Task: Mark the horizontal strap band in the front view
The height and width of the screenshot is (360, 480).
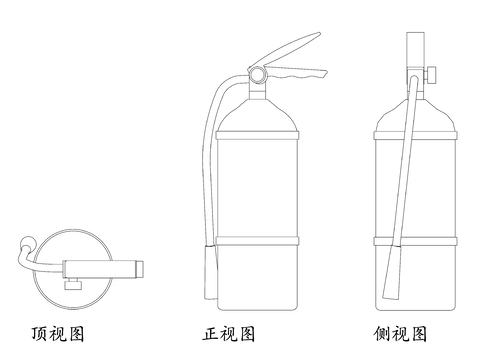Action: pyautogui.click(x=257, y=240)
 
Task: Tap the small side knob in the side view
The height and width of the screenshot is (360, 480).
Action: pyautogui.click(x=439, y=74)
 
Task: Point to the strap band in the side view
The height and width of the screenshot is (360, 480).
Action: pyautogui.click(x=415, y=240)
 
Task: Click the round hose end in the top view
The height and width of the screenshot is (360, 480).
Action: pyautogui.click(x=26, y=242)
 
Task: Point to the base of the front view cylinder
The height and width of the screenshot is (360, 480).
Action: pyautogui.click(x=257, y=305)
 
